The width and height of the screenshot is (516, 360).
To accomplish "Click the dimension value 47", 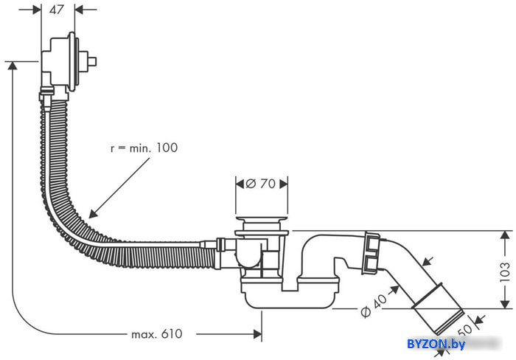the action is pos(56,10).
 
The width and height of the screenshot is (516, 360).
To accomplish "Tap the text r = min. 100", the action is pos(144,148).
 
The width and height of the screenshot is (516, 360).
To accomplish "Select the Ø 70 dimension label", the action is pos(261,184).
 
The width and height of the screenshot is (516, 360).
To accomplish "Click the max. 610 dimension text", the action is pos(156,334).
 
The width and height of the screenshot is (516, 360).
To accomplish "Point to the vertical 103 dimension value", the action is pos(504,271).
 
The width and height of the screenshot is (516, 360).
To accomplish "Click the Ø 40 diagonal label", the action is pos(374,305).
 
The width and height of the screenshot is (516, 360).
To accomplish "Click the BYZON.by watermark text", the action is pos(436,344).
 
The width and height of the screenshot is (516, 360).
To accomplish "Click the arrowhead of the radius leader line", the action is pos(93,214).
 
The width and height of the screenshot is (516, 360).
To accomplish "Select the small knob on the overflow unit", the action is pos(92,61).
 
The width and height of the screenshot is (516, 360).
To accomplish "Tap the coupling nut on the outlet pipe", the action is pos(372,253).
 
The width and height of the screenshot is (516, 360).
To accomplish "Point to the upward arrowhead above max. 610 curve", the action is pos(13,65).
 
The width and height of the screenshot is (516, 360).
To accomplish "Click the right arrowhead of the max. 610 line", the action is pos(258,334).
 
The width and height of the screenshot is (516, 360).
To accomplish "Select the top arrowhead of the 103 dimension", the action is pos(505,235).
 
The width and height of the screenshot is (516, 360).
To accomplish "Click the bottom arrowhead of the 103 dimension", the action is pos(505,305).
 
